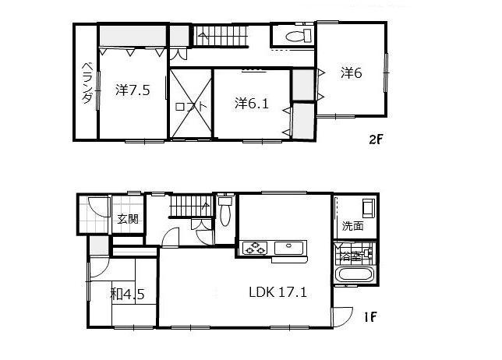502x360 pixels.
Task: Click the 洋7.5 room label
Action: [133, 90]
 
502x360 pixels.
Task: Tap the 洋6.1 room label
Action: [252, 103]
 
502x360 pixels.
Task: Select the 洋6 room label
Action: [352, 72]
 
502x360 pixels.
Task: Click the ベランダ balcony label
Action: [87, 83]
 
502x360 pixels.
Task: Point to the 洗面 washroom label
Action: [352, 226]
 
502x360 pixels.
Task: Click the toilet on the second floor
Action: [295, 37]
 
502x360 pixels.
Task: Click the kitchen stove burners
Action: [254, 249]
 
